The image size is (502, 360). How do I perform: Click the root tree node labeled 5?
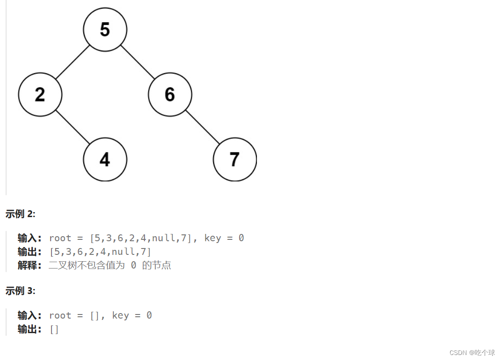(105, 30)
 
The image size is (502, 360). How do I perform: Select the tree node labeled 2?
(40, 95)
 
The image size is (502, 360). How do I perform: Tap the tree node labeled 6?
(170, 95)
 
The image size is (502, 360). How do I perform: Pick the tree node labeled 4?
(105, 159)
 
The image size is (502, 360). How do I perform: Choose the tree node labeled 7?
(235, 159)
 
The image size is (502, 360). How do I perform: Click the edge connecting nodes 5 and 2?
(72, 62)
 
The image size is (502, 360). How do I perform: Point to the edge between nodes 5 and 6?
(138, 62)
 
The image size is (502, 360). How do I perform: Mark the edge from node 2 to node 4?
(72, 127)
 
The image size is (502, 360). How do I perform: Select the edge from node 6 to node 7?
(202, 127)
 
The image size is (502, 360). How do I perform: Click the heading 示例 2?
(20, 213)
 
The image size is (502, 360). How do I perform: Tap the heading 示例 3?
(20, 291)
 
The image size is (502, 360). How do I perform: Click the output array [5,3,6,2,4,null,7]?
(100, 252)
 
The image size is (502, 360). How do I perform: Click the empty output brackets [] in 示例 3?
(54, 329)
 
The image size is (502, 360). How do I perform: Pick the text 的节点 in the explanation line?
(156, 265)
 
